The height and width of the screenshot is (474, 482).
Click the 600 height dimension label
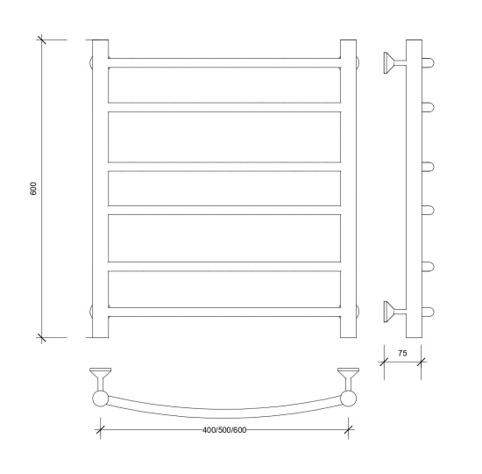(x=33, y=189)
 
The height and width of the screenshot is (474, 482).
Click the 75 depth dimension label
(x=402, y=353)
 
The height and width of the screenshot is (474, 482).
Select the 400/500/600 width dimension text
(x=224, y=430)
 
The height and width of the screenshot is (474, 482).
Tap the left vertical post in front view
(x=100, y=189)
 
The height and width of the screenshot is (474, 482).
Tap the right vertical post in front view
(x=348, y=189)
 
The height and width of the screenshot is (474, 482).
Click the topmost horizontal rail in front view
(x=224, y=63)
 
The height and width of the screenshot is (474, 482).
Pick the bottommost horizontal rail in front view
(x=224, y=312)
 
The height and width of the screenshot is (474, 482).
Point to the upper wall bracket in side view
(x=395, y=63)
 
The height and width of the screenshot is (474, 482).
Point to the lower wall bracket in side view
(x=395, y=312)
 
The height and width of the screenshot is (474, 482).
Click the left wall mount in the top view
(x=100, y=379)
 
